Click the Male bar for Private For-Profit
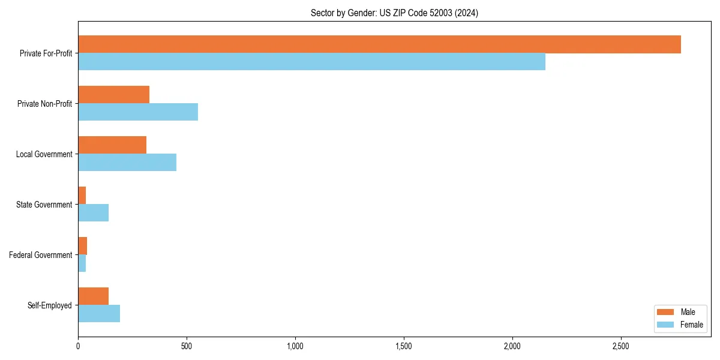[379, 44]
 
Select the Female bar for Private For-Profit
[311, 62]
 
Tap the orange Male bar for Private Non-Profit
[113, 95]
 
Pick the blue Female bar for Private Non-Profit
[138, 112]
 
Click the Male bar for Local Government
[112, 145]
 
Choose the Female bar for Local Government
[127, 163]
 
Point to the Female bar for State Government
[93, 213]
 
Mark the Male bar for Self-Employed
[93, 296]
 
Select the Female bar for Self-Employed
[99, 314]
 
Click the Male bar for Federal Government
[82, 246]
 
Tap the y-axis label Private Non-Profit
[44, 104]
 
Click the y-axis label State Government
[44, 205]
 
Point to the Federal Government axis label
[41, 255]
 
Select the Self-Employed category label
[49, 305]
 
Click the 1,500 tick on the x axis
[404, 346]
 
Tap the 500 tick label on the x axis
[187, 346]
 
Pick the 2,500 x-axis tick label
[621, 346]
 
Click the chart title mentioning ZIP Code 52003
[394, 13]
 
